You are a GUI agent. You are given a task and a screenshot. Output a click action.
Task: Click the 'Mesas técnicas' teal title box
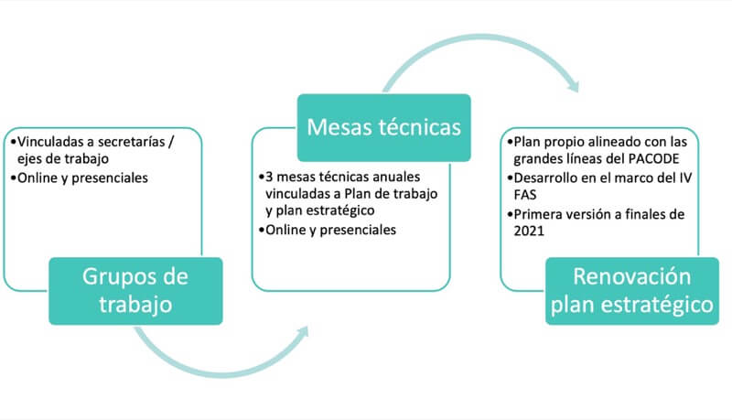[x=383, y=127]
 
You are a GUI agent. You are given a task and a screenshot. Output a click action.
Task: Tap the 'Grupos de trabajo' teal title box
[x=135, y=291]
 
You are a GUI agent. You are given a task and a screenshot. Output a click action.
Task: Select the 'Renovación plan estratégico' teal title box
[x=632, y=291]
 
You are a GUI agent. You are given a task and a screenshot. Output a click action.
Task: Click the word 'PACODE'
[x=653, y=159]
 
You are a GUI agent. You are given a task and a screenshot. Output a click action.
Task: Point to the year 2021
[x=529, y=231]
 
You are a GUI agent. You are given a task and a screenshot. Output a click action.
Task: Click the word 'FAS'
[x=524, y=195]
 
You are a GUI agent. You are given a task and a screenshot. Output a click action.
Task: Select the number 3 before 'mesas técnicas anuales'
[x=269, y=178]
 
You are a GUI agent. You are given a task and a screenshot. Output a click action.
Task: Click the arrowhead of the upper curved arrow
[x=574, y=86]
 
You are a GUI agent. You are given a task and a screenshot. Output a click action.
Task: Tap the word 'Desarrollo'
[x=545, y=178]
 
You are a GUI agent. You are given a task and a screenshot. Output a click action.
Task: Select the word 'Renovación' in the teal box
[x=632, y=276]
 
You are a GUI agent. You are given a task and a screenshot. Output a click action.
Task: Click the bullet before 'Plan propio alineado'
[x=511, y=142]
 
